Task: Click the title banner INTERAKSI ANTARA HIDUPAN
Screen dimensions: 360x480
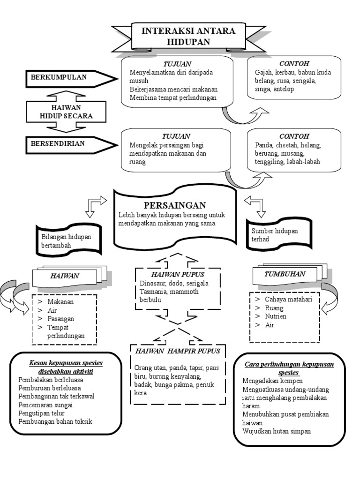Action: (188, 36)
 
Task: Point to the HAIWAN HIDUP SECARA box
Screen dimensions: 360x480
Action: (66, 112)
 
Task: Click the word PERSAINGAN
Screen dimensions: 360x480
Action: (175, 205)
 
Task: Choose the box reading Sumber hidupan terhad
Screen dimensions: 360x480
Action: (279, 234)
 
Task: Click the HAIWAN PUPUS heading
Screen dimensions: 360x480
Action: (178, 274)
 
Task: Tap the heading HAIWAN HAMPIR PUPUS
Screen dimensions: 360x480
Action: (178, 351)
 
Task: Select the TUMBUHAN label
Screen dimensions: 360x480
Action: (285, 274)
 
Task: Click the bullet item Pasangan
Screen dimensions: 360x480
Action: (60, 319)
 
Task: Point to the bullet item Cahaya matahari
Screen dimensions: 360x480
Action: (288, 299)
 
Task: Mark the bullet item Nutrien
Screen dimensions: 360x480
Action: (276, 316)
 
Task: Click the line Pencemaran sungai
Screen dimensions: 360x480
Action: (45, 405)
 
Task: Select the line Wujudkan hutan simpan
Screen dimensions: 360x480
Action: (277, 431)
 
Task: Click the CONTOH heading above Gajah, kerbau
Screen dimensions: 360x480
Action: (294, 63)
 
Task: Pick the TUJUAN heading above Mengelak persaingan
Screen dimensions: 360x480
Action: (176, 136)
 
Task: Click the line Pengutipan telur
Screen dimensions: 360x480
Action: (41, 413)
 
